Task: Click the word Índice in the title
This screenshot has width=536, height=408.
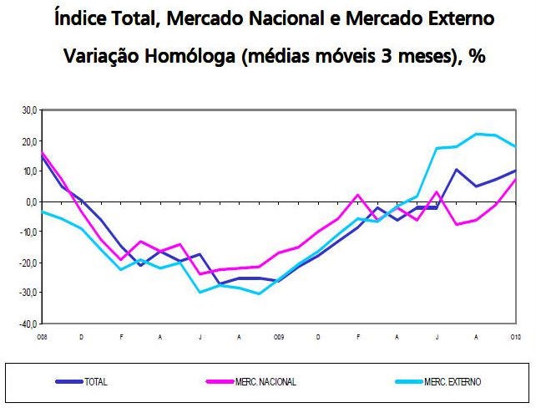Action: click(78, 18)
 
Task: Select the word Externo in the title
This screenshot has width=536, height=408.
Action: click(445, 18)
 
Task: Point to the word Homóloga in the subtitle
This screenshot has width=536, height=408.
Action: click(198, 57)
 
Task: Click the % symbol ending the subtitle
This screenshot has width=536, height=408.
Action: click(479, 57)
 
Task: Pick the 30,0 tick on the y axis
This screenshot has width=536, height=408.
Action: click(29, 110)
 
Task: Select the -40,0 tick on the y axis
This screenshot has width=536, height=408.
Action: click(28, 324)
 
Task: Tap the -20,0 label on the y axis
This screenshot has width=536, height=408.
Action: click(28, 263)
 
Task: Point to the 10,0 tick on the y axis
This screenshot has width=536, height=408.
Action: click(29, 171)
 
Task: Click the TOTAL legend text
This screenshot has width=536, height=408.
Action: click(96, 382)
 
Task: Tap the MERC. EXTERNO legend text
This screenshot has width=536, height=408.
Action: click(452, 382)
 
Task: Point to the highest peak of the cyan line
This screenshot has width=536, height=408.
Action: click(477, 134)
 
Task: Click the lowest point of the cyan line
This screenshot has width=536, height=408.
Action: click(259, 293)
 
